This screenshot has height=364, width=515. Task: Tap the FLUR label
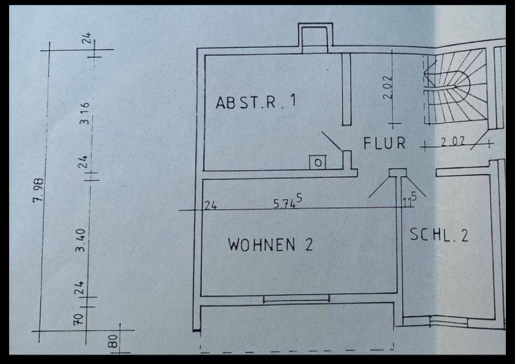[x=384, y=144]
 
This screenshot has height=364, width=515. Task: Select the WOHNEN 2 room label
[x=270, y=245]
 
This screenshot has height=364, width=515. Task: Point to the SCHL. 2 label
[x=439, y=235]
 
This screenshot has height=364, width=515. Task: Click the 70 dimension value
[x=79, y=320]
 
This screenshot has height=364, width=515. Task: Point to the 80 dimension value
[x=114, y=341]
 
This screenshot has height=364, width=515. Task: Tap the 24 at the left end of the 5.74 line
[x=210, y=204]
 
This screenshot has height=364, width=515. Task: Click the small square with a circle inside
[x=318, y=162]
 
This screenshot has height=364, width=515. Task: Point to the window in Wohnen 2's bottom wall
[x=296, y=299]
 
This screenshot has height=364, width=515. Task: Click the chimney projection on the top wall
[x=315, y=38]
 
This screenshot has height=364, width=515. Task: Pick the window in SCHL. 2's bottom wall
[x=449, y=321]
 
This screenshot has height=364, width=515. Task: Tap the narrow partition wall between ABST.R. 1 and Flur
[x=346, y=88]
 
